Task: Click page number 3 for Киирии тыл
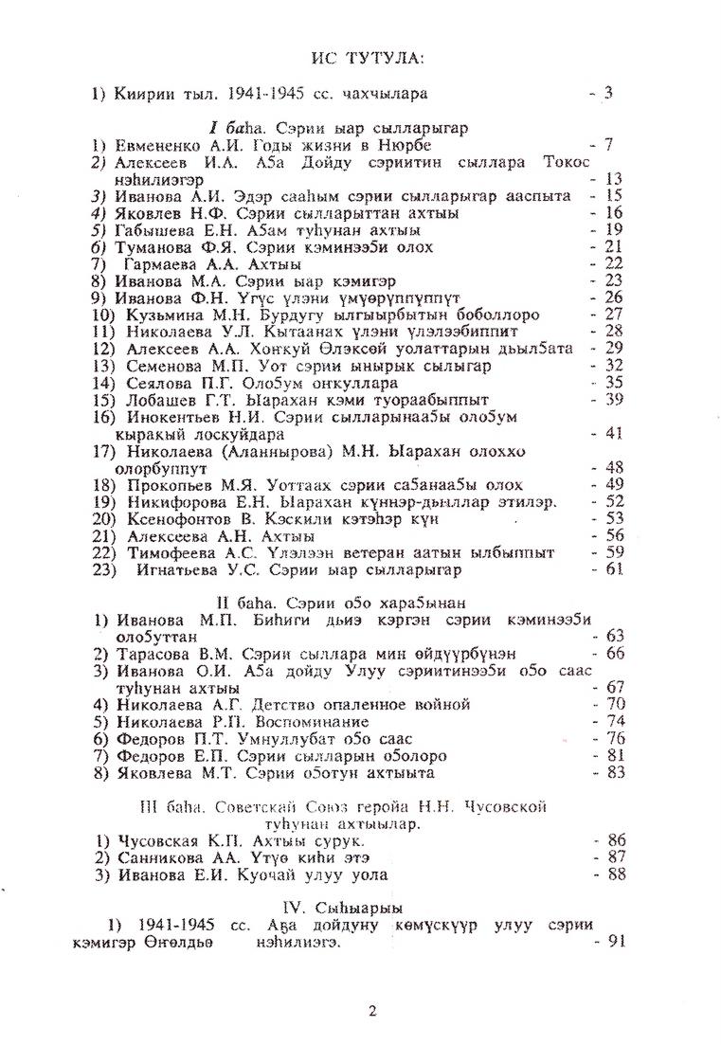(x=608, y=93)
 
